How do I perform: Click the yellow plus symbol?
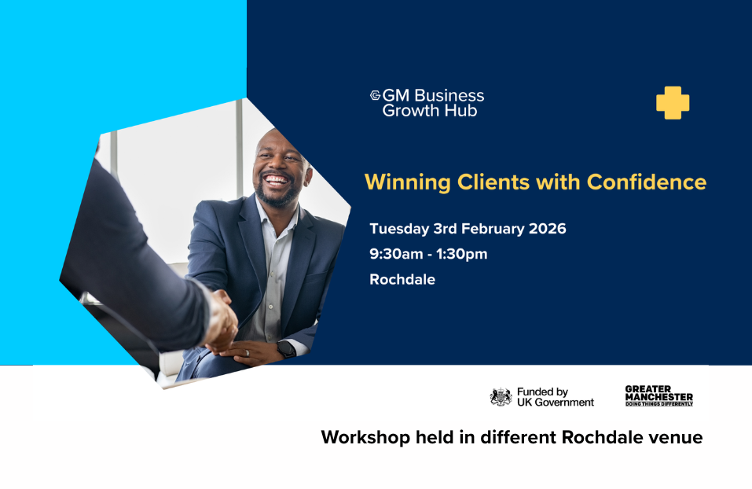[x=673, y=103]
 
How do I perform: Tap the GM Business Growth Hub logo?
[x=427, y=103]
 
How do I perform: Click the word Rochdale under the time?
[x=402, y=279]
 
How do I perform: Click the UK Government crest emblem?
[x=501, y=397]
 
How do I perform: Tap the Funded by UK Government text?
[x=555, y=397]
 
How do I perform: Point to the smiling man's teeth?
[x=277, y=180]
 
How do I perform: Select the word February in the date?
[x=488, y=229]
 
